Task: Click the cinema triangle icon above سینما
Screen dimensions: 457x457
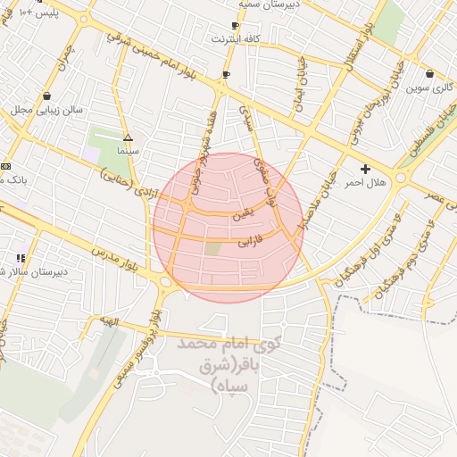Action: pos(129,138)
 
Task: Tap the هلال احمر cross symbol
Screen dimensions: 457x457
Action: pos(364,169)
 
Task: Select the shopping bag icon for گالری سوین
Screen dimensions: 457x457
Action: pos(430,74)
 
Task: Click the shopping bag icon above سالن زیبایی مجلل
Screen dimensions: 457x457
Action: pos(46,96)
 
